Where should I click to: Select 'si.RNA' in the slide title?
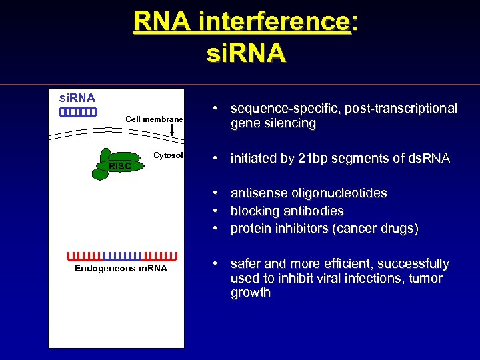click(246, 53)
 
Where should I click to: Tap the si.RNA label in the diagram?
click(77, 99)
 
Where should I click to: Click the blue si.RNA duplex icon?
click(78, 113)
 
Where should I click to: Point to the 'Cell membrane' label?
click(154, 119)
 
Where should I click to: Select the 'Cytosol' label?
click(168, 155)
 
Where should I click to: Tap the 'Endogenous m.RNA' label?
click(121, 269)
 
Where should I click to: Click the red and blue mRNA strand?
click(122, 255)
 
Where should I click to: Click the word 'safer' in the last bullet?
click(246, 264)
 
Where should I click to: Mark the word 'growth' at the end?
click(250, 293)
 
